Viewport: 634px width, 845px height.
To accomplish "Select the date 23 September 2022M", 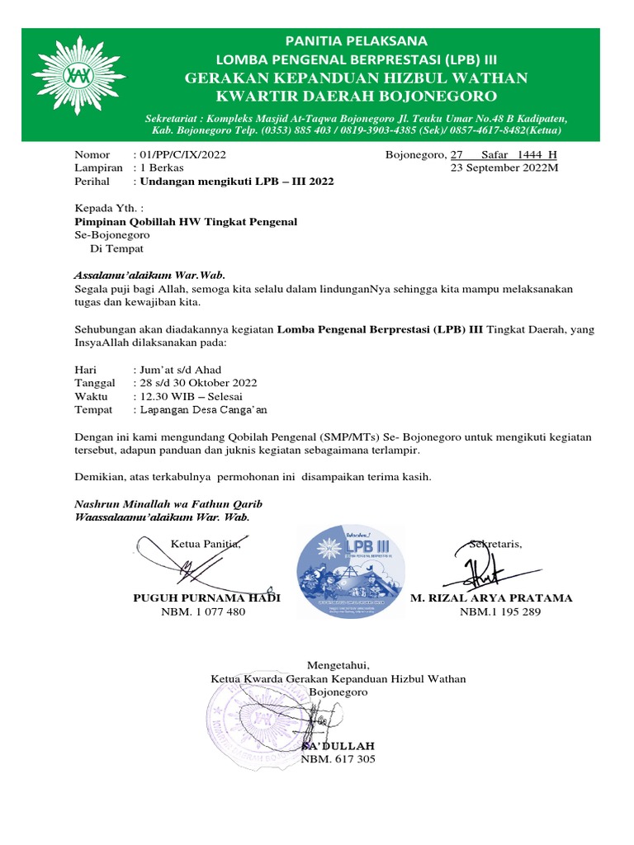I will pos(504,168).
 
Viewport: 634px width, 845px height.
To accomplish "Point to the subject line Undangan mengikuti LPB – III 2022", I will pos(239,181).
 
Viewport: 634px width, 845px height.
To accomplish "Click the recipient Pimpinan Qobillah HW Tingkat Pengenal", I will pos(186,222).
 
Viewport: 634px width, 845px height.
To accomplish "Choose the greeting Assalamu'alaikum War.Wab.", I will pos(149,275).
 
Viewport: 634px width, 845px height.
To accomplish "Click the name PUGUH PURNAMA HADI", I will pos(207,598).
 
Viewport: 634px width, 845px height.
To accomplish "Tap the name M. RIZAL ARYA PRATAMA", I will pos(491,598).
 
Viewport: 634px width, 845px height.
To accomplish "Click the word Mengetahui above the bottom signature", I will pos(338,665).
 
